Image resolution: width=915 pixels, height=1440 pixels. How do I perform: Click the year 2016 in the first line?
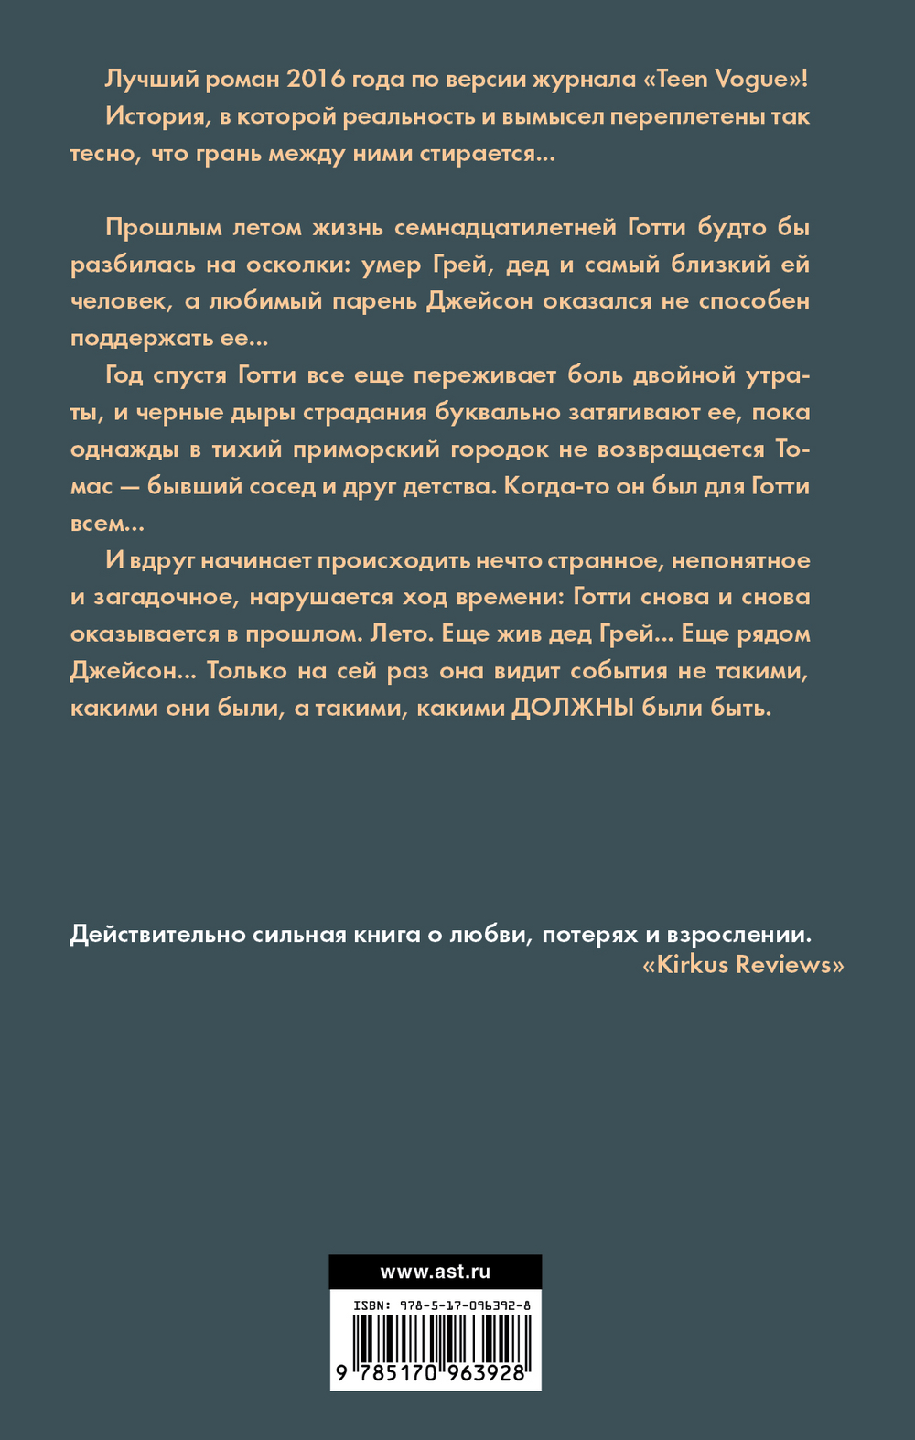pyautogui.click(x=316, y=79)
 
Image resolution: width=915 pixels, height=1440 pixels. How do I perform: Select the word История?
pyautogui.click(x=155, y=116)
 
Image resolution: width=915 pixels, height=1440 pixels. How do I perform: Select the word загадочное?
pyautogui.click(x=164, y=597)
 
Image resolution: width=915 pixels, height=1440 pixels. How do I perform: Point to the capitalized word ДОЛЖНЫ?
pyautogui.click(x=572, y=708)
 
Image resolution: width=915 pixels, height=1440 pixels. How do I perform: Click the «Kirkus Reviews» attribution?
pyautogui.click(x=743, y=964)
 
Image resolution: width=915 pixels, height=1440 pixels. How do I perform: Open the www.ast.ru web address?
pyautogui.click(x=436, y=1272)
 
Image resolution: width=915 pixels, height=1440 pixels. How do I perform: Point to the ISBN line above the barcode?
pyautogui.click(x=436, y=1306)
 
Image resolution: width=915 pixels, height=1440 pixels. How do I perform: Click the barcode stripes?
pyautogui.click(x=436, y=1338)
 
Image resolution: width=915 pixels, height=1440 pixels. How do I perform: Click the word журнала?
pyautogui.click(x=576, y=79)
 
